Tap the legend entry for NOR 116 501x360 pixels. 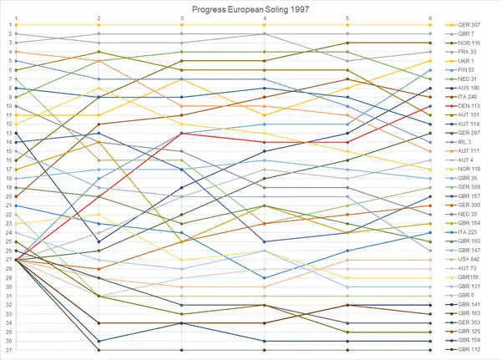pyautogui.click(x=468, y=43)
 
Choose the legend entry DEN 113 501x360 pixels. pyautogui.click(x=468, y=105)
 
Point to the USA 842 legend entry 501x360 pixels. pyautogui.click(x=468, y=260)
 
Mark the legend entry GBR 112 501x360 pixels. pyautogui.click(x=468, y=349)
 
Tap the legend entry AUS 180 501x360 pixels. pyautogui.click(x=468, y=88)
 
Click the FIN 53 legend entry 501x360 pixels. pyautogui.click(x=467, y=69)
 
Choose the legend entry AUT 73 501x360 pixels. pyautogui.click(x=467, y=268)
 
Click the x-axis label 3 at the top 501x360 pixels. pyautogui.click(x=182, y=17)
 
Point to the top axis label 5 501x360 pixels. pyautogui.click(x=347, y=17)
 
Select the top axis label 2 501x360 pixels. pyautogui.click(x=99, y=17)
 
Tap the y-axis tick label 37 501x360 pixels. pyautogui.click(x=8, y=350)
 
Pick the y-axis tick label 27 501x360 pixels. pyautogui.click(x=8, y=260)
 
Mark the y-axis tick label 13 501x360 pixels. pyautogui.click(x=8, y=133)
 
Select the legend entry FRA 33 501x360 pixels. pyautogui.click(x=467, y=52)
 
